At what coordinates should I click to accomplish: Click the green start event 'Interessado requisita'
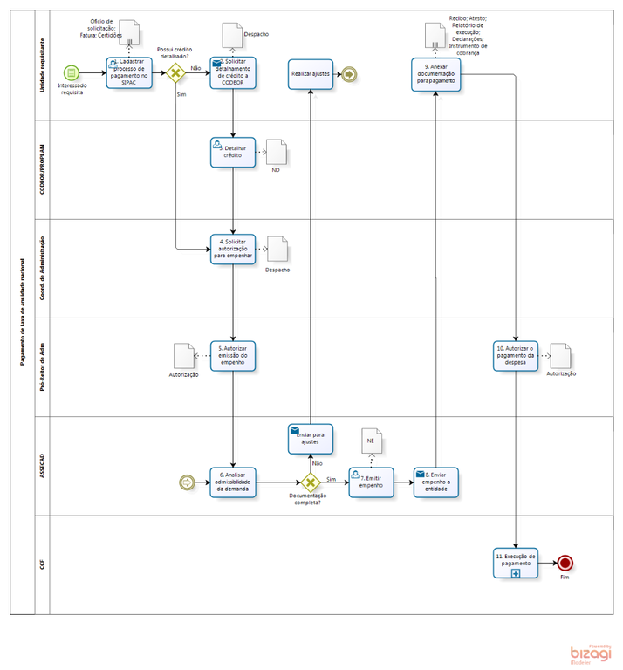(72, 72)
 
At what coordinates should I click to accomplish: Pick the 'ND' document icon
(275, 152)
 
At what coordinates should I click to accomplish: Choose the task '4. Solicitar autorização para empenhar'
(232, 249)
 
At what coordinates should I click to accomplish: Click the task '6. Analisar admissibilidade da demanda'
(232, 482)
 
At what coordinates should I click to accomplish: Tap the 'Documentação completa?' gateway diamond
(311, 482)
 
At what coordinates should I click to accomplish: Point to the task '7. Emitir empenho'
(373, 482)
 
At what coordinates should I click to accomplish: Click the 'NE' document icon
(371, 440)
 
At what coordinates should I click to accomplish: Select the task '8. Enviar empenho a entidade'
(435, 482)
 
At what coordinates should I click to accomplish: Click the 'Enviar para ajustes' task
(310, 439)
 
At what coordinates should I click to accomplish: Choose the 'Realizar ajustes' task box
(310, 75)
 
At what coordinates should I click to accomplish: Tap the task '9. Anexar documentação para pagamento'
(435, 75)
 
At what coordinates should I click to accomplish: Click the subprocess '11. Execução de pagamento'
(517, 563)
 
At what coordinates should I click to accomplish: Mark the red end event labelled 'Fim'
(565, 563)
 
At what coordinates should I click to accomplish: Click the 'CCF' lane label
(42, 565)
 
